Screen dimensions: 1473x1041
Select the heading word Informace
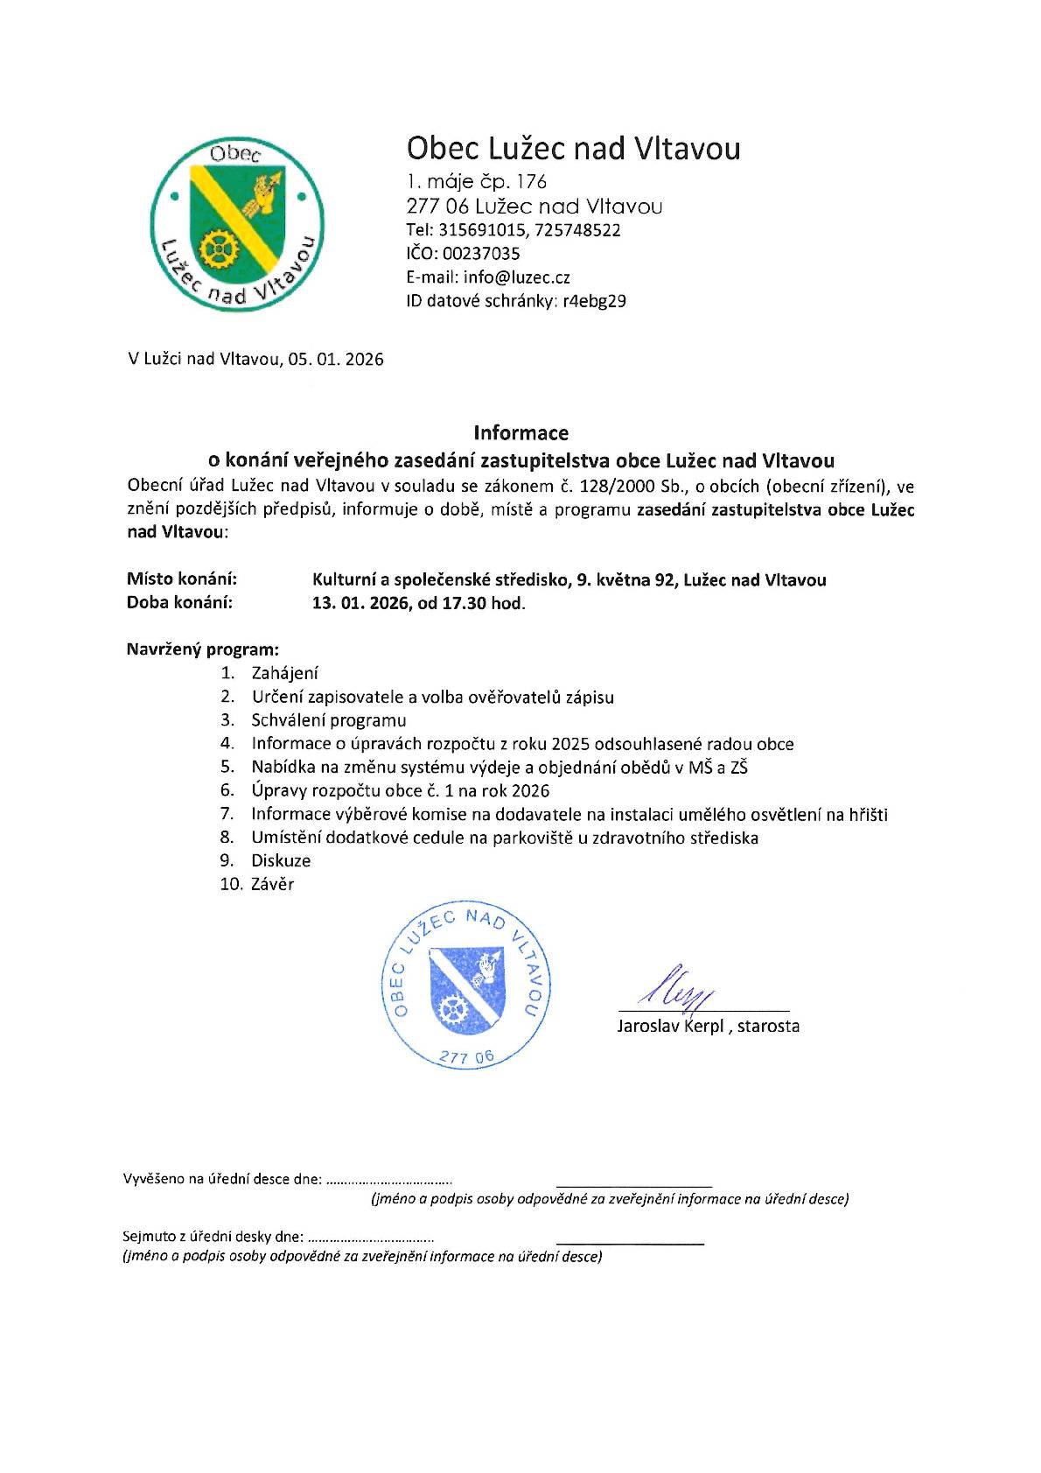click(x=520, y=432)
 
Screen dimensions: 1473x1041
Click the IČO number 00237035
click(x=480, y=254)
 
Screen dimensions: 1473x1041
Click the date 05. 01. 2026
click(x=335, y=359)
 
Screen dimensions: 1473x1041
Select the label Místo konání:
click(x=182, y=579)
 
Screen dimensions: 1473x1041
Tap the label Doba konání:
click(x=179, y=602)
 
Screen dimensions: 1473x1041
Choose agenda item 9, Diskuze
click(x=281, y=860)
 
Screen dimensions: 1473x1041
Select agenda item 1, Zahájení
click(x=284, y=673)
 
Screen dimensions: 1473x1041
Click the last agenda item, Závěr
click(x=272, y=884)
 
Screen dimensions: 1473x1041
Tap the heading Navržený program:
click(x=203, y=649)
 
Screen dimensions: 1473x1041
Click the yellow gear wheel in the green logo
click(x=213, y=249)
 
